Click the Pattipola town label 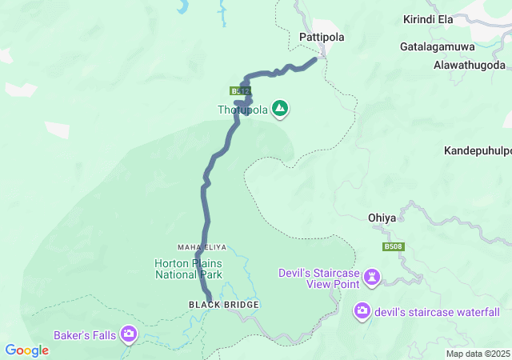(x=321, y=37)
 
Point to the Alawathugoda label (x=470, y=64)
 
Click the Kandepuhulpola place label (x=478, y=150)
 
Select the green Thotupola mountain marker (x=280, y=108)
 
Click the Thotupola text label (x=243, y=109)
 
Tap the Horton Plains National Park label (x=189, y=269)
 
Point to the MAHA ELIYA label (x=198, y=246)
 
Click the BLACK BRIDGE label (x=212, y=305)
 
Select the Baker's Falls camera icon (x=129, y=334)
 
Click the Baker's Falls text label (x=86, y=334)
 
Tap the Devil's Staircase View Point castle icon (x=372, y=278)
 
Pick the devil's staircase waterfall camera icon (x=362, y=310)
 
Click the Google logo (x=27, y=350)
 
